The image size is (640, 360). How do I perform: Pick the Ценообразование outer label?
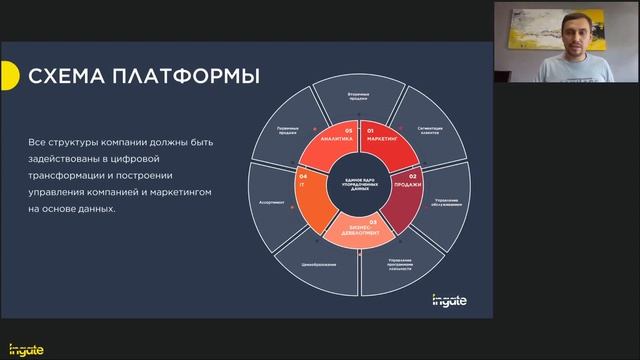pos(318,264)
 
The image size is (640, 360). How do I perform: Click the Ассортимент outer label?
pos(272,202)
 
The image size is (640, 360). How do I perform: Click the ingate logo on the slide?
pos(448,298)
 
